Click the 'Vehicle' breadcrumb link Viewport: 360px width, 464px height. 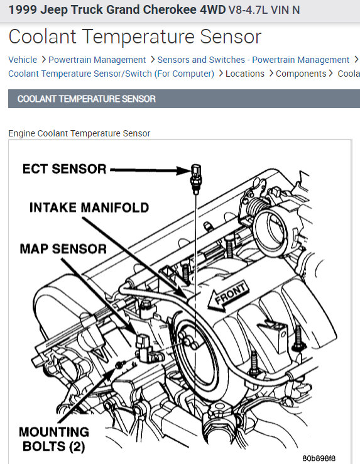pos(23,60)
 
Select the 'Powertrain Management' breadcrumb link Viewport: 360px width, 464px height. pos(97,60)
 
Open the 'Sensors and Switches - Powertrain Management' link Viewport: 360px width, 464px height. pos(253,60)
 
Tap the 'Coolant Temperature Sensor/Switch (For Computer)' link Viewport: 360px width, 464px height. pos(111,74)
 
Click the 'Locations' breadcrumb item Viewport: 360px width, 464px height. pos(245,74)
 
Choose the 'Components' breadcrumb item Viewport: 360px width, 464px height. pos(301,74)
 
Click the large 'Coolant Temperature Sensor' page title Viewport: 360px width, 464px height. pos(135,37)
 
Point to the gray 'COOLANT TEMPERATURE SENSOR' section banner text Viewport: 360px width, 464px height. pos(86,99)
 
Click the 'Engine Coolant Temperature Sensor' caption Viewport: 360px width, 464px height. pos(79,133)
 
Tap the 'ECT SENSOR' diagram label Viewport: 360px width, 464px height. pos(65,169)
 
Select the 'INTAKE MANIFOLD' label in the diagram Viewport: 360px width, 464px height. pos(89,207)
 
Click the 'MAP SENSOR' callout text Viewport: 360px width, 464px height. pos(63,249)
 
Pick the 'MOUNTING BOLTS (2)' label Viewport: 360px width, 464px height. pos(54,439)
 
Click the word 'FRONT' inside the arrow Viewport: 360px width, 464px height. pos(231,293)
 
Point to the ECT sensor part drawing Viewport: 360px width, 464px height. pos(196,179)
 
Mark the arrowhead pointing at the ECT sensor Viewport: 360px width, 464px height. pos(183,170)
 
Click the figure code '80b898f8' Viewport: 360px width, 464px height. pos(319,458)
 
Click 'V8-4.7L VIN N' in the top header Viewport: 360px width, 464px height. pos(264,10)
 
